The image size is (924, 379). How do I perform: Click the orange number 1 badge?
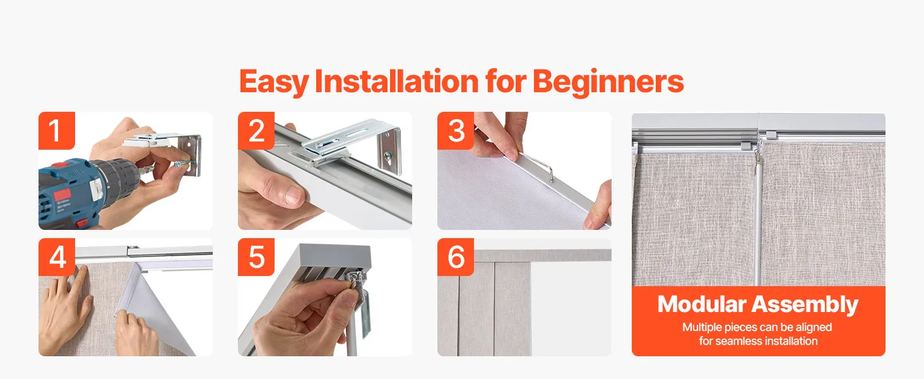point(57,131)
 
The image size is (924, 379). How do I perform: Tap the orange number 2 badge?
point(256,131)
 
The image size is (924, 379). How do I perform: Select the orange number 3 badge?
point(456,131)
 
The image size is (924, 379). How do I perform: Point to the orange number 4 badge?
point(57,257)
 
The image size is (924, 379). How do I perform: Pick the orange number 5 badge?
point(256,257)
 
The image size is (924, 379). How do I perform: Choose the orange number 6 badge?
point(456,257)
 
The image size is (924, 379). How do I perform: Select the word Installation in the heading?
point(396,81)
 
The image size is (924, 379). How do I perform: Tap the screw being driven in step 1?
point(182,164)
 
